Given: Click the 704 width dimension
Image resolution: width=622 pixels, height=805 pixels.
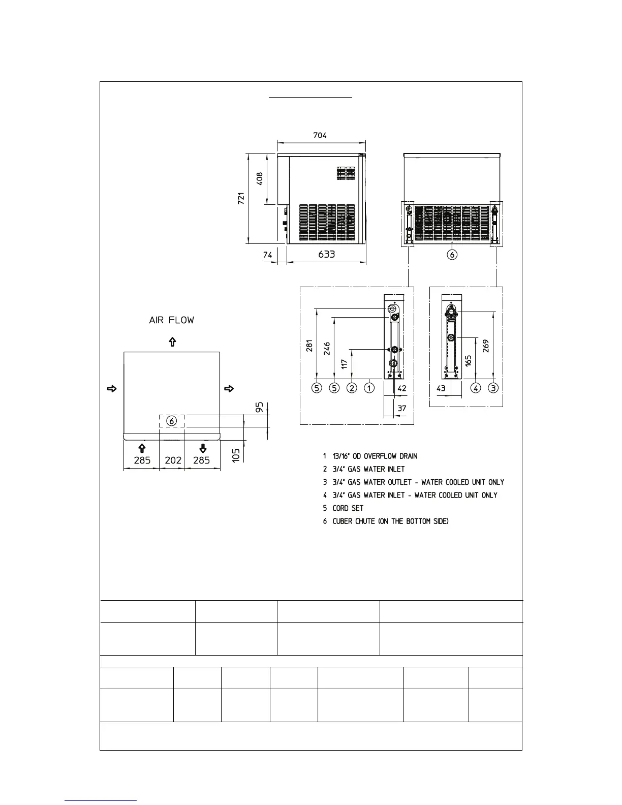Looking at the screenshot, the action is (x=320, y=135).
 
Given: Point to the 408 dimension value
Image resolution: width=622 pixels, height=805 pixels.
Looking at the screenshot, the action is (x=260, y=178).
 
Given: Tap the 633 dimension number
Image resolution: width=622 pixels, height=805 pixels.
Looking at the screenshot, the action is (x=326, y=254).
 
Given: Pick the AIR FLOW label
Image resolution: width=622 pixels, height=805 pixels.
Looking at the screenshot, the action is (x=171, y=320).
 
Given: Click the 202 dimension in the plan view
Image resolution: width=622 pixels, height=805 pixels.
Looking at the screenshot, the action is (x=173, y=460).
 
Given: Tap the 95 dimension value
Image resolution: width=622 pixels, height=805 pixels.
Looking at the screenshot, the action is (x=260, y=408).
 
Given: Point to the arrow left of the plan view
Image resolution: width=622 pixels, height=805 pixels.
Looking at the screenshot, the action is (x=112, y=389).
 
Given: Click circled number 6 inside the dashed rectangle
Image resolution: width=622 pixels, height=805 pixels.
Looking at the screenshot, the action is (x=172, y=421).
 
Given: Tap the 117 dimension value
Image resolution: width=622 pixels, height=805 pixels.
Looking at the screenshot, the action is (x=345, y=364).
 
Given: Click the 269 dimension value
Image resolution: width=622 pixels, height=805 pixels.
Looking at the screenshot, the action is (x=486, y=346).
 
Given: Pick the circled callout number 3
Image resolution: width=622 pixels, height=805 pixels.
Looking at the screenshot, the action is (x=493, y=388).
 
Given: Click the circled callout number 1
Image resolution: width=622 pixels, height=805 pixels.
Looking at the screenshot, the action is (x=369, y=388).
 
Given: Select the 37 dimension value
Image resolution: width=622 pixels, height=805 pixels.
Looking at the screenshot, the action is (x=401, y=408).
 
